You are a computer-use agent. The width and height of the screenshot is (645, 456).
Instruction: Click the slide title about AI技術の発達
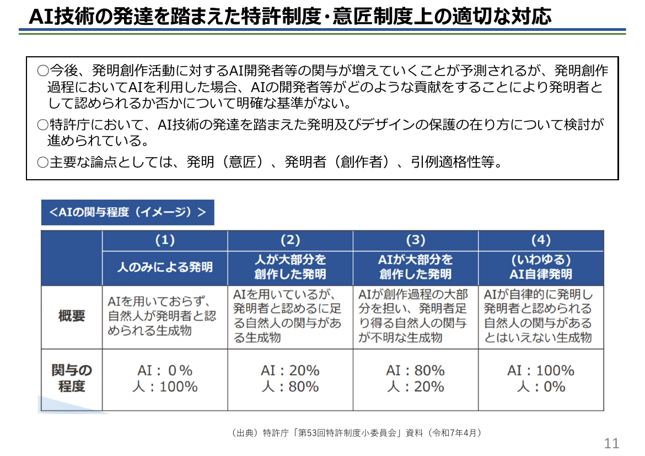(290, 16)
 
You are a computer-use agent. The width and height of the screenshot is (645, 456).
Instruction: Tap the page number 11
(611, 443)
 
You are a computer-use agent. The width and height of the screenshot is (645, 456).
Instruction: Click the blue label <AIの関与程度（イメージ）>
(127, 212)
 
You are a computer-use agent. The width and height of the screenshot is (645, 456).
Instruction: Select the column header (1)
(165, 240)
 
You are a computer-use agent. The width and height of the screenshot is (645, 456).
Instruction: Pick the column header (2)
(291, 240)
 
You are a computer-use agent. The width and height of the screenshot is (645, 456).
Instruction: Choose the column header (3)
(416, 240)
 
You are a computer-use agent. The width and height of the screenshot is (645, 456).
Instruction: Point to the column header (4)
(541, 240)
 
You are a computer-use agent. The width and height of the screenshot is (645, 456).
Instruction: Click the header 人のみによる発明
(165, 267)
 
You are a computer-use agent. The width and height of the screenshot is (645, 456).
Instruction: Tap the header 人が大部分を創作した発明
(291, 267)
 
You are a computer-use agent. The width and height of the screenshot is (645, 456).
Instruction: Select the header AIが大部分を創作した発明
(416, 267)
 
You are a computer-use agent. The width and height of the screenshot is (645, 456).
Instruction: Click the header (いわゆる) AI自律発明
(541, 267)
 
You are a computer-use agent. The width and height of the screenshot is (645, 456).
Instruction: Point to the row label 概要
(72, 316)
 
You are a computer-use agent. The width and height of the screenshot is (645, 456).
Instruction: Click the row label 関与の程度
(72, 378)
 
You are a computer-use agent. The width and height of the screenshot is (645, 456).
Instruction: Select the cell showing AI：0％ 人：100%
(165, 379)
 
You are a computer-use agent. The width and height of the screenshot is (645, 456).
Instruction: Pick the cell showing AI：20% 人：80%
(291, 379)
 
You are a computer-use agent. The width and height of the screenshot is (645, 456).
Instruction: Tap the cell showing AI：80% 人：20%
(416, 379)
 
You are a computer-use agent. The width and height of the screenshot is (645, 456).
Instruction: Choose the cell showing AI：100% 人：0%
(541, 379)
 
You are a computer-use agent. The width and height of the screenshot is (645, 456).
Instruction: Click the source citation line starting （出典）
(356, 433)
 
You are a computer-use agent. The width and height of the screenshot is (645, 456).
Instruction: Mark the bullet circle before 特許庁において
(43, 125)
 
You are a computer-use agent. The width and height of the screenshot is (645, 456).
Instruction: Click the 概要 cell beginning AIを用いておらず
(162, 316)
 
